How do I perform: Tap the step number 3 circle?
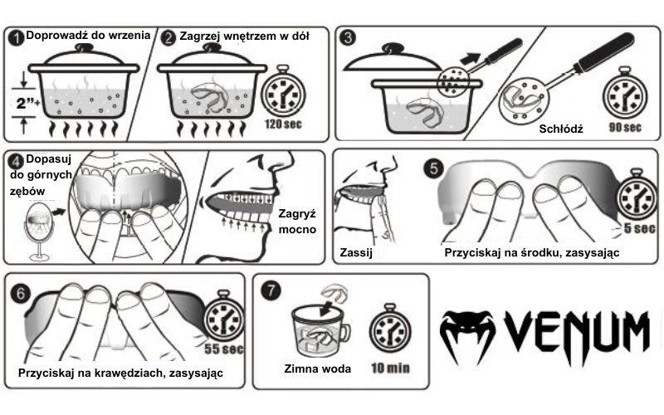348,37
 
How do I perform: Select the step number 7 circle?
271,290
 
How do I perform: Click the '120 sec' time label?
283,124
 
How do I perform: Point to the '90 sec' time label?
625,127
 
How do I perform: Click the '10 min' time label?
390,368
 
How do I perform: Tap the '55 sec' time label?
224,349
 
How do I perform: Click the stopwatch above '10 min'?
390,329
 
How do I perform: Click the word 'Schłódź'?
561,129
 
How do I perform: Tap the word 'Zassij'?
356,253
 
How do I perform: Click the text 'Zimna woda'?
318,369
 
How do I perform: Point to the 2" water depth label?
27,102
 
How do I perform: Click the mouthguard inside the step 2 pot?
211,97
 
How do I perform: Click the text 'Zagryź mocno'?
297,222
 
